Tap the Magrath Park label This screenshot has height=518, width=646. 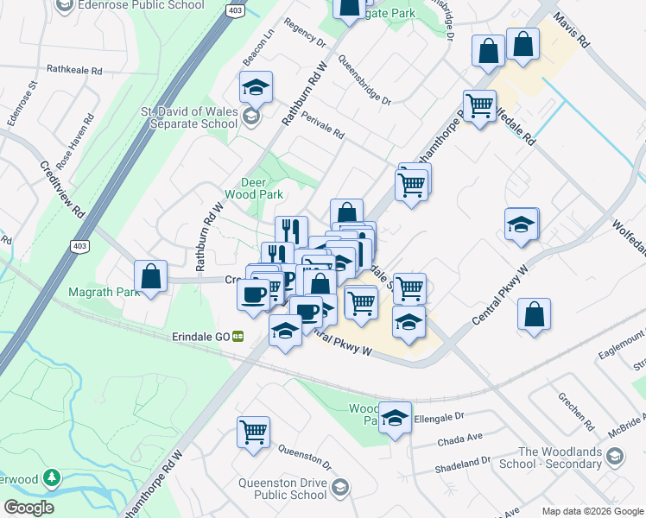pyautogui.click(x=104, y=292)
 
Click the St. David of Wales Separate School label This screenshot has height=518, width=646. pyautogui.click(x=188, y=117)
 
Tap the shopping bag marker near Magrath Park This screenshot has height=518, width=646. pyautogui.click(x=151, y=277)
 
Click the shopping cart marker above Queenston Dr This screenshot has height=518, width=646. pyautogui.click(x=254, y=431)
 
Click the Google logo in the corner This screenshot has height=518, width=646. pyautogui.click(x=28, y=508)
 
